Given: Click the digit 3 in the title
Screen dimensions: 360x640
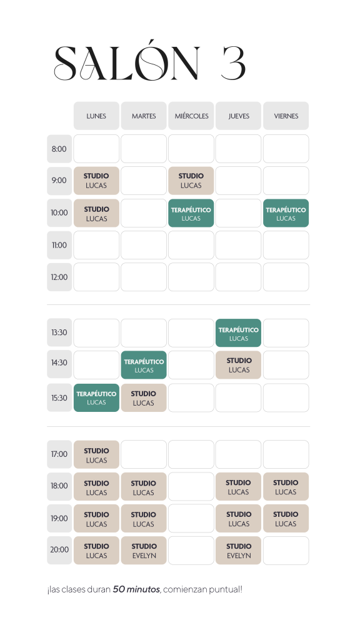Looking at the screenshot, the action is pos(234,63).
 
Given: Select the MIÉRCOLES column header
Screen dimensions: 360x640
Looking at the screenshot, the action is pos(191,116).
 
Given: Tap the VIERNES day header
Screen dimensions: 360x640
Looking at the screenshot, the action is pos(286,116).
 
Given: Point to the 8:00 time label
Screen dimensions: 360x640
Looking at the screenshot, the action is pos(59,149).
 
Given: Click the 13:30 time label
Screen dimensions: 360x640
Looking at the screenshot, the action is pos(59,332).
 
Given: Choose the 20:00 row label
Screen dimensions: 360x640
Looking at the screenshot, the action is pos(59,550).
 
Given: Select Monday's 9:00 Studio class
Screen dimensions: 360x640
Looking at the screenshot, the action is pos(96,181).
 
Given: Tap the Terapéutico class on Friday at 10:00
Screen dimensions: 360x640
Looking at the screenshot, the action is pos(286,213).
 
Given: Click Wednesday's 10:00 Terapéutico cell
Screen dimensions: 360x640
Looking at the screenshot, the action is pos(191,213).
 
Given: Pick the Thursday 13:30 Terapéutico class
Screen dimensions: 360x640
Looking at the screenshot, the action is pos(238,333).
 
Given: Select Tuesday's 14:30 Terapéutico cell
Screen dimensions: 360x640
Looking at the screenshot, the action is pos(144,365).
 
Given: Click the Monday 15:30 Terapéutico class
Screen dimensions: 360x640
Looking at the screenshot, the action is pos(96,397).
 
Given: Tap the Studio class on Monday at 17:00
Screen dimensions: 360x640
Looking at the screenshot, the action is pos(96,455).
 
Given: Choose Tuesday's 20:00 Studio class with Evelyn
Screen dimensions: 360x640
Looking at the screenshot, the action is pos(144,550).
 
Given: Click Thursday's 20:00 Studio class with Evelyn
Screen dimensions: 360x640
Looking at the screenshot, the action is pos(238,550).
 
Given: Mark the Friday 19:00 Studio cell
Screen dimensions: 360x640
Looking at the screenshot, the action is pos(286,518).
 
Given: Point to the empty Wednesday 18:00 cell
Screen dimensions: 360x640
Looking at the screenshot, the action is pos(191,486).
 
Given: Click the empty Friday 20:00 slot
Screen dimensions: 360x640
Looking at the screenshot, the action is pos(286,550).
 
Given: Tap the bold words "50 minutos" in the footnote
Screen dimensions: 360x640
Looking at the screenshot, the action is pos(136,589).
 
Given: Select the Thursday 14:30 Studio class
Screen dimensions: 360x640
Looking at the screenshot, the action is pos(238,365).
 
